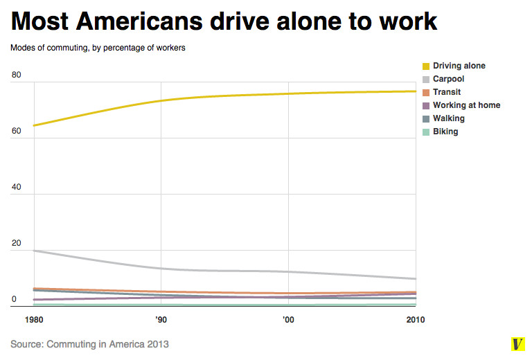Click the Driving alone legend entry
pos(459,66)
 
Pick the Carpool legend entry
pos(448,79)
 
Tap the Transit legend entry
pos(447,92)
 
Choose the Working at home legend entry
pos(466,105)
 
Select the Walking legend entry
pos(448,118)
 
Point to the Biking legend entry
pos(445,132)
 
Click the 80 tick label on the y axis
pos(17,75)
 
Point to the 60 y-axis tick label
pos(17,131)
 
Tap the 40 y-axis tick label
pos(17,187)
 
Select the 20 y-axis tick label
pos(17,243)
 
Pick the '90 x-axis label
pos(161,320)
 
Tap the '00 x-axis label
pos(288,320)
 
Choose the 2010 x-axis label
pos(415,320)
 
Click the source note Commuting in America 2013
pos(90,343)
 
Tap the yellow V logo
pos(517,344)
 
